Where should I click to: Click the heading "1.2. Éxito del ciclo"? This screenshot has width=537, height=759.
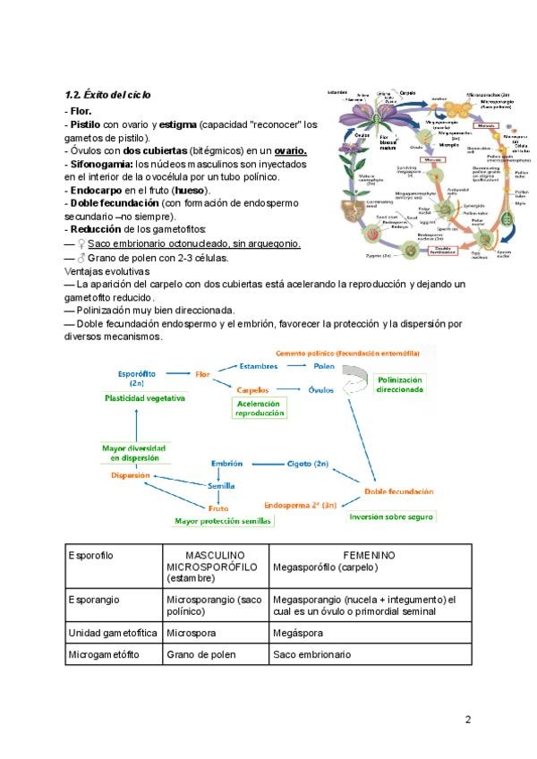tap(107, 94)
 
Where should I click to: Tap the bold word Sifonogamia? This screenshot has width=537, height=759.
tap(98, 164)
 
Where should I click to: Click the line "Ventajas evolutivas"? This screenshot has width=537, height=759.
tap(107, 271)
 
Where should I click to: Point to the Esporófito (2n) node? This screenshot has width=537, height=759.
tap(137, 378)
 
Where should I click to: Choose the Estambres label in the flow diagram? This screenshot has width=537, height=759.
tap(260, 366)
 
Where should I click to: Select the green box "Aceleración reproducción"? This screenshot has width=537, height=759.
tap(259, 408)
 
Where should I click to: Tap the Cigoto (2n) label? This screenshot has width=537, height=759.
tap(307, 464)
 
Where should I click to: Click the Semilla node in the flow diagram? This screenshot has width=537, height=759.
tap(221, 486)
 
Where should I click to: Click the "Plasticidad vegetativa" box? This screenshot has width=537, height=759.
tap(145, 397)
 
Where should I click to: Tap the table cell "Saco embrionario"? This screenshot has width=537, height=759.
tap(311, 654)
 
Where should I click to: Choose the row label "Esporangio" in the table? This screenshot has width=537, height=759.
tap(93, 599)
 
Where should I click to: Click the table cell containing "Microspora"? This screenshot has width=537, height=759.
tap(192, 633)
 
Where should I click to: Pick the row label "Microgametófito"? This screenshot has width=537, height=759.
tap(104, 654)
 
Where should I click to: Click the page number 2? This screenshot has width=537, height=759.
tap(467, 719)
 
